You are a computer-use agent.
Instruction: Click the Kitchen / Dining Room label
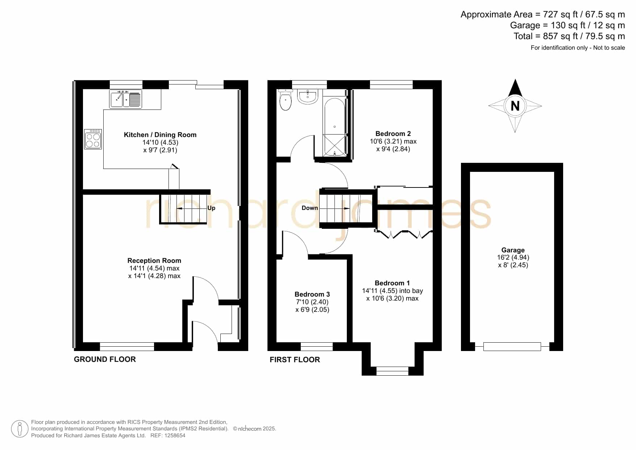point(160,135)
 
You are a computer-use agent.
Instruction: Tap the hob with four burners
point(93,139)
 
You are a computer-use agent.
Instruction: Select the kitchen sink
point(125,98)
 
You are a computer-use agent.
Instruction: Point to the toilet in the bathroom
point(286,100)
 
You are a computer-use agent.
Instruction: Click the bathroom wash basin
point(308,96)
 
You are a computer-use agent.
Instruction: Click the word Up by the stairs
point(211,208)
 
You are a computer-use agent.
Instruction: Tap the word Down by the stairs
point(310,208)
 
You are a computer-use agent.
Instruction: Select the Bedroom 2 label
point(393,134)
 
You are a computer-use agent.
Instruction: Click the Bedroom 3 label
point(312,294)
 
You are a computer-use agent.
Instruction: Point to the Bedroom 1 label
point(392,283)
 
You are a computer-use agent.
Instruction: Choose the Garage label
point(513,250)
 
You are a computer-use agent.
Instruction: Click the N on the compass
point(515,106)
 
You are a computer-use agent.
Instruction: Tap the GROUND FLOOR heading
point(105,359)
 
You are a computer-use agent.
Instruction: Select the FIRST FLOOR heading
point(295,360)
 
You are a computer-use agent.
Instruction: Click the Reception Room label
point(154,261)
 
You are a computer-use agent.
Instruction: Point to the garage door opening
point(512,347)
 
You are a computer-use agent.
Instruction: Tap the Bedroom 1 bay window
point(392,371)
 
